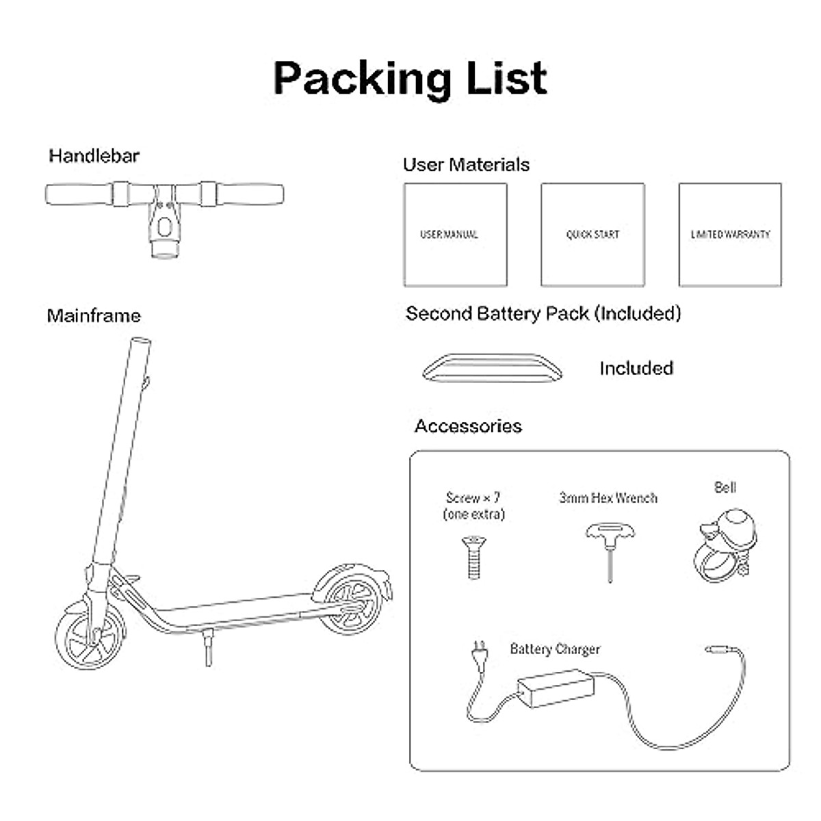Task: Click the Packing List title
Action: point(410,78)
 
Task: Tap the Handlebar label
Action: point(94,156)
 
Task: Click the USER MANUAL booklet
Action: point(455,234)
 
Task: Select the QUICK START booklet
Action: point(592,234)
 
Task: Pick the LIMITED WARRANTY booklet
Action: point(730,234)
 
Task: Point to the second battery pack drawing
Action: point(493,367)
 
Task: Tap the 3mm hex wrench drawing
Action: point(609,547)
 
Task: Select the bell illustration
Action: point(727,544)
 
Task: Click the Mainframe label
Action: point(94,316)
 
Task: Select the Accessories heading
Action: point(468,426)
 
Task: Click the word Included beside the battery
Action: point(636,368)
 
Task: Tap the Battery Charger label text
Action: point(555,649)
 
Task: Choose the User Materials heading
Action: point(466,165)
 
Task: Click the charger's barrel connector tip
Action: point(716,647)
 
